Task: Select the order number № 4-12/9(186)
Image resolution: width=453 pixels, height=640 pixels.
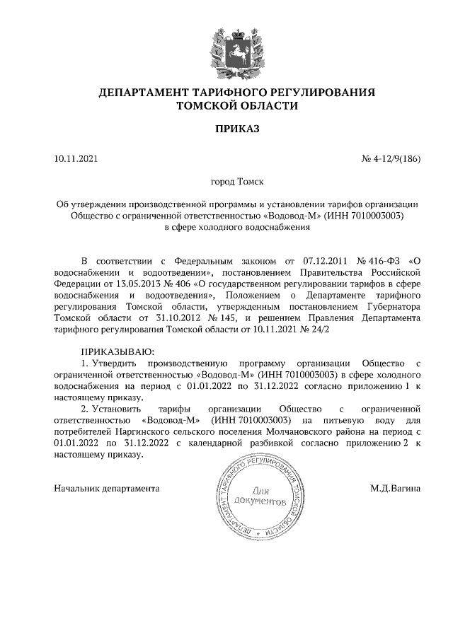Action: [x=391, y=159]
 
